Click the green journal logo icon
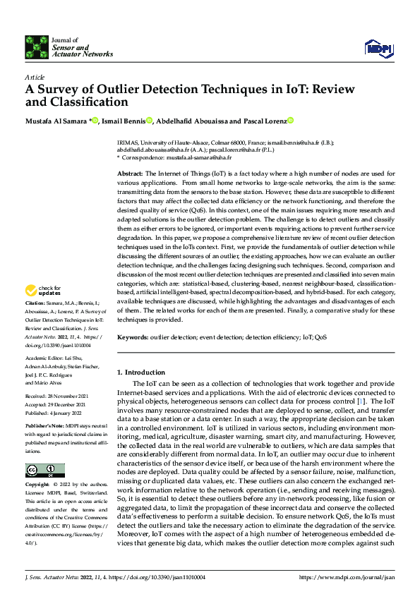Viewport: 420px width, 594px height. (36, 47)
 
